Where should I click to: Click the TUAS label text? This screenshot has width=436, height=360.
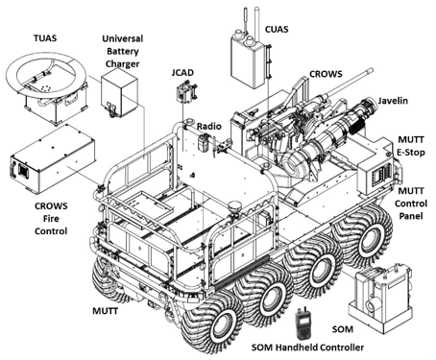click(45, 38)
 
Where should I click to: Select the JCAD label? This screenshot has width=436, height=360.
click(182, 73)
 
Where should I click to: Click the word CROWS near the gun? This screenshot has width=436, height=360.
click(326, 74)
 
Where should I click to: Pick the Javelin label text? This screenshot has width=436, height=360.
click(393, 101)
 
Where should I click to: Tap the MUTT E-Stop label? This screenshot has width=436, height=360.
click(411, 146)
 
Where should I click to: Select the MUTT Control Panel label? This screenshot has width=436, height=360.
click(411, 204)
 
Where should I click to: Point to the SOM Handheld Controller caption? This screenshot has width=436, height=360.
click(307, 348)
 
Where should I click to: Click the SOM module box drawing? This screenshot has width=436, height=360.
click(380, 300)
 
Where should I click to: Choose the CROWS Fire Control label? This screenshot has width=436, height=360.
click(51, 218)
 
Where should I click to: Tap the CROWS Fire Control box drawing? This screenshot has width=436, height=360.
click(53, 159)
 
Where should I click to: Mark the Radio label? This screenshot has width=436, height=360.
click(209, 126)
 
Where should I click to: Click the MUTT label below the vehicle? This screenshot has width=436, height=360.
click(106, 311)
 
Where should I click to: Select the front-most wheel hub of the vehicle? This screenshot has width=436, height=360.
click(222, 324)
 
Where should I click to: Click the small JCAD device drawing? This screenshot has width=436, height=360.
click(186, 92)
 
